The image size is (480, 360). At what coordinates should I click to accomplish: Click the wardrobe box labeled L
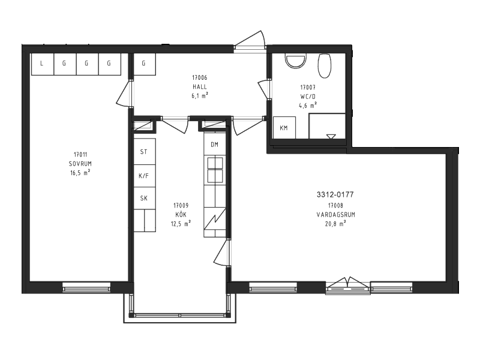click(x=42, y=64)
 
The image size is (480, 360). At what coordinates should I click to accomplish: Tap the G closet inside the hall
click(x=144, y=64)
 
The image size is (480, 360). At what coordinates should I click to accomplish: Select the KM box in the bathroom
click(x=284, y=128)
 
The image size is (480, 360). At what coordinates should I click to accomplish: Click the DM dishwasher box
click(x=215, y=144)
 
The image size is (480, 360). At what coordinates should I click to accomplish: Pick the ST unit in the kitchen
click(x=145, y=152)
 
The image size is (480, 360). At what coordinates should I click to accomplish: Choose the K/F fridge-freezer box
click(x=145, y=176)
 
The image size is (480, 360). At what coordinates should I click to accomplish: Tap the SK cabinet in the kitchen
click(x=145, y=198)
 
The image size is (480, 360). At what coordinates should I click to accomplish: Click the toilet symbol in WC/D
click(x=325, y=66)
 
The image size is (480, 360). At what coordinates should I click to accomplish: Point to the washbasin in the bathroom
click(x=296, y=61)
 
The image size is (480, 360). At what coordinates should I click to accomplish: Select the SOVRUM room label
click(x=80, y=164)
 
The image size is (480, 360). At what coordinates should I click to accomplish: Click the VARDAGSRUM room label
click(x=336, y=215)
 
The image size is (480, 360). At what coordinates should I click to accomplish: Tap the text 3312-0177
click(x=335, y=194)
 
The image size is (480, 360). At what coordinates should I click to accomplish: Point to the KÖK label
click(x=181, y=214)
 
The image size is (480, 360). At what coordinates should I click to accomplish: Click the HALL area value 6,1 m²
click(x=200, y=95)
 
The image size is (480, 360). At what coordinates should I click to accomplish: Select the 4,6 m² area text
click(x=308, y=106)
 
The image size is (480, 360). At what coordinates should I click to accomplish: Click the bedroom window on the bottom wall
click(x=86, y=287)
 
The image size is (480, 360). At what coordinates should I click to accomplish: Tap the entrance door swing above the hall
click(x=250, y=40)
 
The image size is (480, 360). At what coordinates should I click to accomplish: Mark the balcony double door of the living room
click(x=348, y=286)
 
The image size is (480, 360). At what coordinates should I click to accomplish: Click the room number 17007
click(x=308, y=88)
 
